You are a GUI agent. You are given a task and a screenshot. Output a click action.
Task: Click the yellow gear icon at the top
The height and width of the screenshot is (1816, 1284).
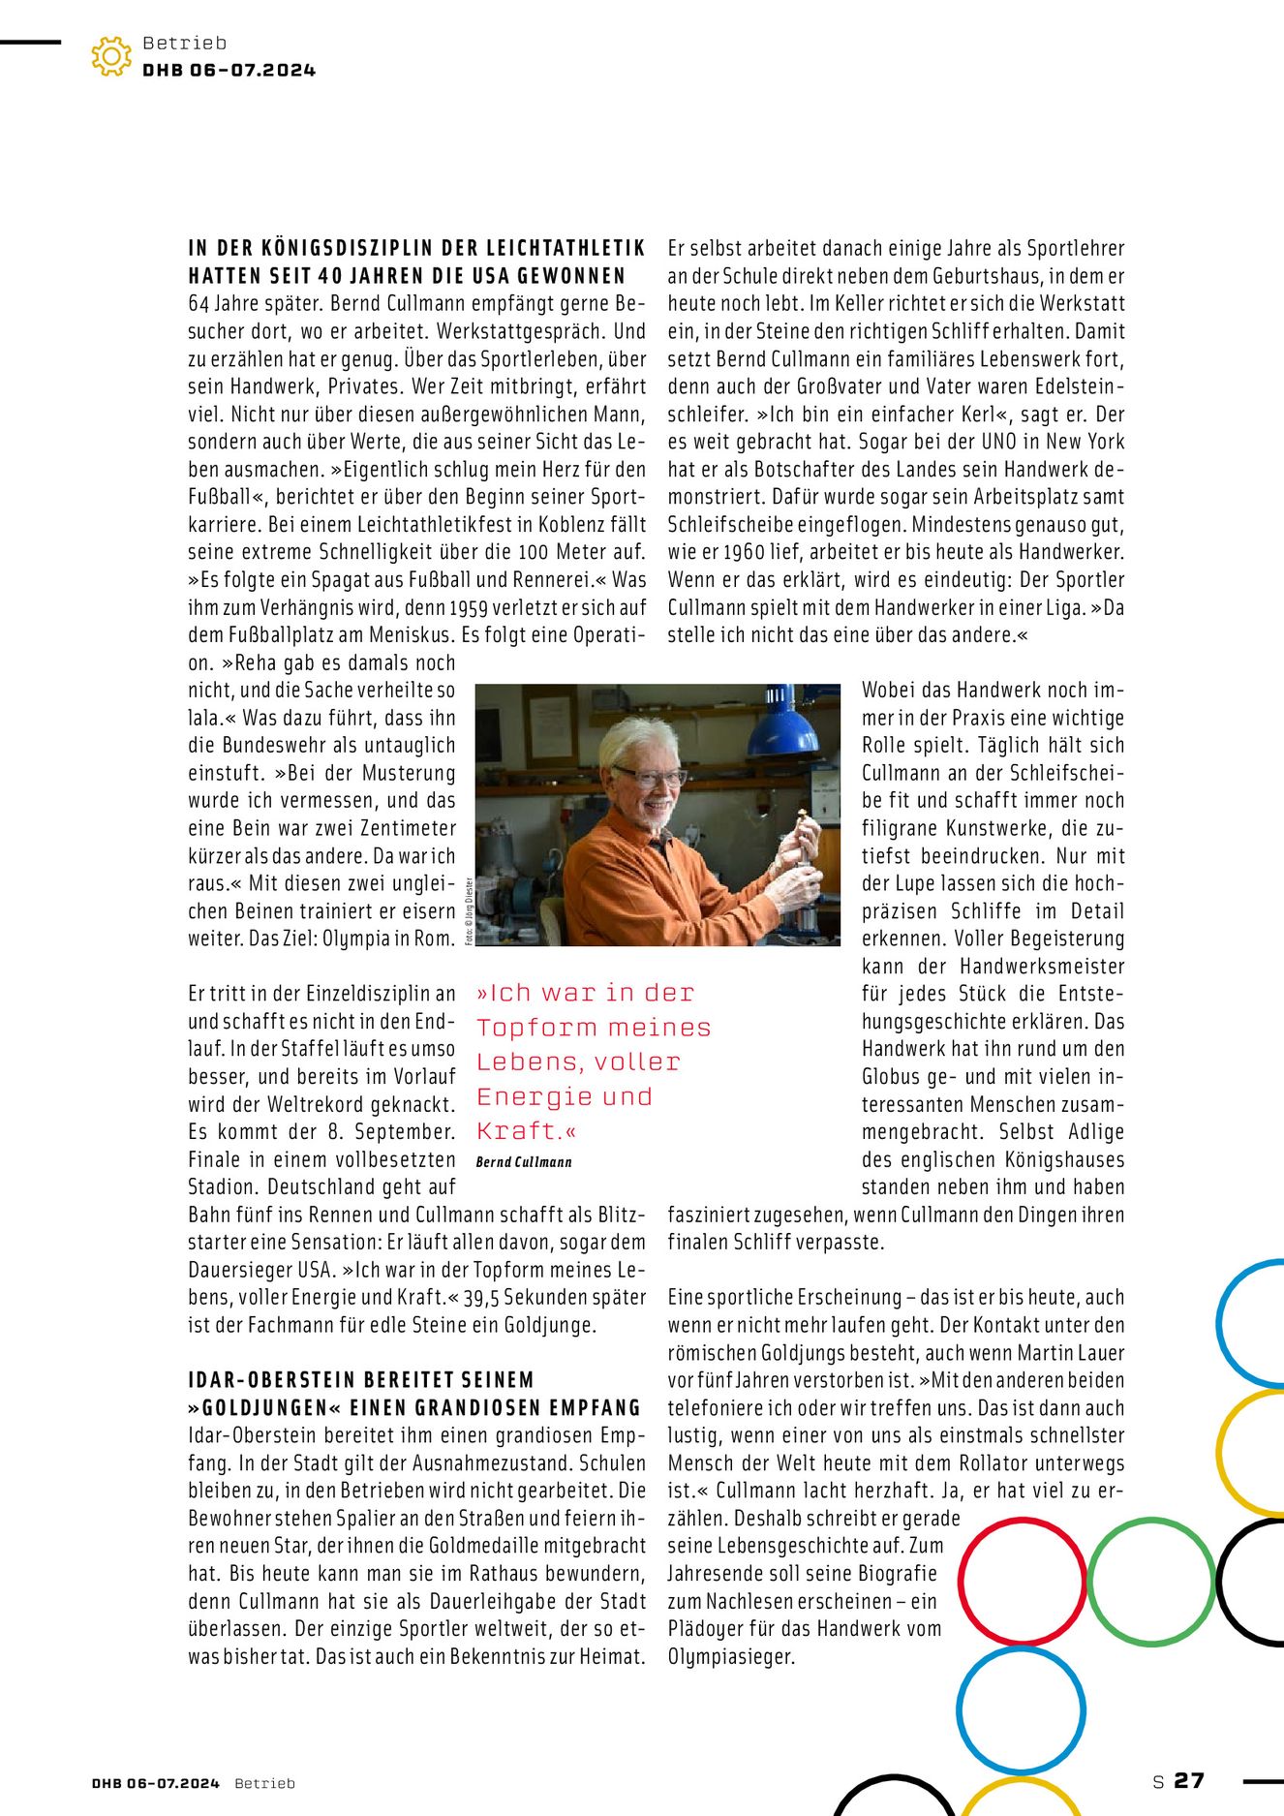111,57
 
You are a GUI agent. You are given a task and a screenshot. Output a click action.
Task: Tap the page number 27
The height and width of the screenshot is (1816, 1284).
1189,1780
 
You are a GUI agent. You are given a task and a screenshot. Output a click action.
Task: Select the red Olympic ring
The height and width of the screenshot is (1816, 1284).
1022,1581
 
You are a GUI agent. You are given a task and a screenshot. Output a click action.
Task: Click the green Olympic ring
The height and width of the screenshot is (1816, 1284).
1151,1581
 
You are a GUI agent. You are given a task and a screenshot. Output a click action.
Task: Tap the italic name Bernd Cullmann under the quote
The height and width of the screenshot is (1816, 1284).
524,1162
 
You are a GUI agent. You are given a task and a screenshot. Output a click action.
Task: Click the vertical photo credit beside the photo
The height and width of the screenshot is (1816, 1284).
470,910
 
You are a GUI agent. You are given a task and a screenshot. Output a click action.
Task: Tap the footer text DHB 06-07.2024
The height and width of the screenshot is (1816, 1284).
156,1783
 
